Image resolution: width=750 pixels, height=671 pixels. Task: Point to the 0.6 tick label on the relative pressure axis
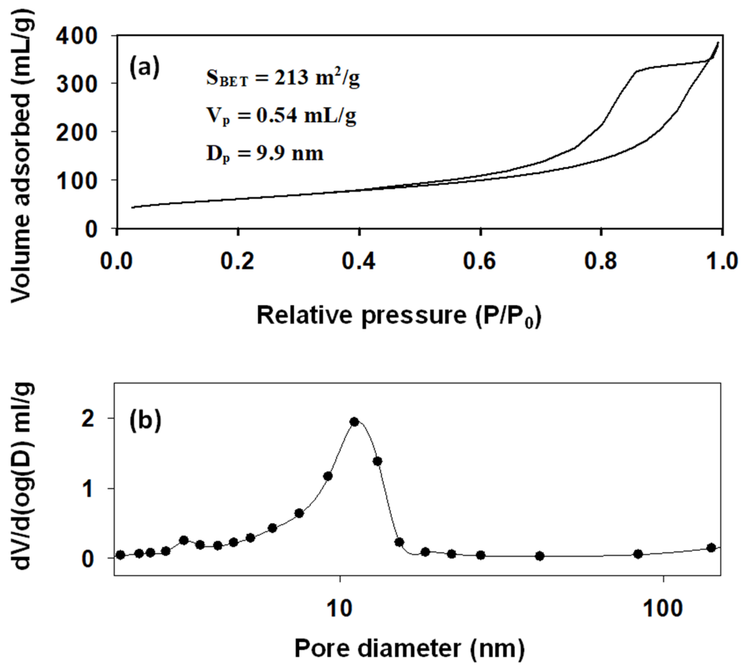(479, 261)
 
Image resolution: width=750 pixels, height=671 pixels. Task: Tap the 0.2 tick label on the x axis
(238, 261)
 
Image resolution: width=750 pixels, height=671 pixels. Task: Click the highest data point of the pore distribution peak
(354, 422)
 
